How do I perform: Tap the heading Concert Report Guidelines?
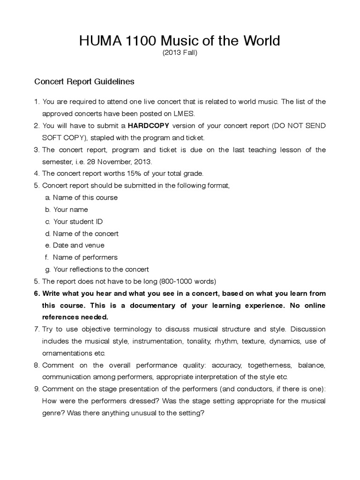point(84,82)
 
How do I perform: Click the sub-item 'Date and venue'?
point(78,245)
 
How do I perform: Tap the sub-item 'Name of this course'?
point(85,197)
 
